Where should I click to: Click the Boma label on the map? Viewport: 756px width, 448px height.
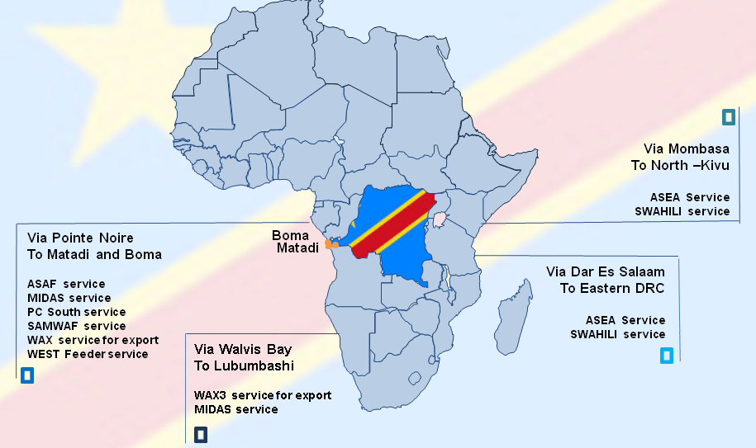click(291, 235)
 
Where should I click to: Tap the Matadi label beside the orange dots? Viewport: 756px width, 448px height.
click(297, 248)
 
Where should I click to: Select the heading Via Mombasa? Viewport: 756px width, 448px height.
click(687, 149)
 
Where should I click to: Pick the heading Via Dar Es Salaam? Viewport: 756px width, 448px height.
click(605, 271)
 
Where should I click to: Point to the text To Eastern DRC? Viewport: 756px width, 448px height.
click(612, 288)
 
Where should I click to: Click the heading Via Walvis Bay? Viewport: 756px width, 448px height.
click(243, 349)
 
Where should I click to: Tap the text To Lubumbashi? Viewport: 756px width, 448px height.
click(245, 365)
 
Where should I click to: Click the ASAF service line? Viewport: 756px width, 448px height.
click(66, 284)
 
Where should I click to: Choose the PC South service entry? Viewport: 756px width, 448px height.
click(77, 312)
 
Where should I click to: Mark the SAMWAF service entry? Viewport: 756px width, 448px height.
click(77, 326)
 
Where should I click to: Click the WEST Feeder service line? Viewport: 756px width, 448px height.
click(88, 354)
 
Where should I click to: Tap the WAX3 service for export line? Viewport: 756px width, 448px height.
click(263, 395)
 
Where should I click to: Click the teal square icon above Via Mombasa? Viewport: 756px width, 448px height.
click(728, 117)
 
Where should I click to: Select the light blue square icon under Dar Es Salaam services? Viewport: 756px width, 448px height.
click(667, 356)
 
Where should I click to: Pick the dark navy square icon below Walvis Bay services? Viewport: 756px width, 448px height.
click(201, 434)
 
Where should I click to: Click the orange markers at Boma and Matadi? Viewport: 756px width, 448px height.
click(332, 244)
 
